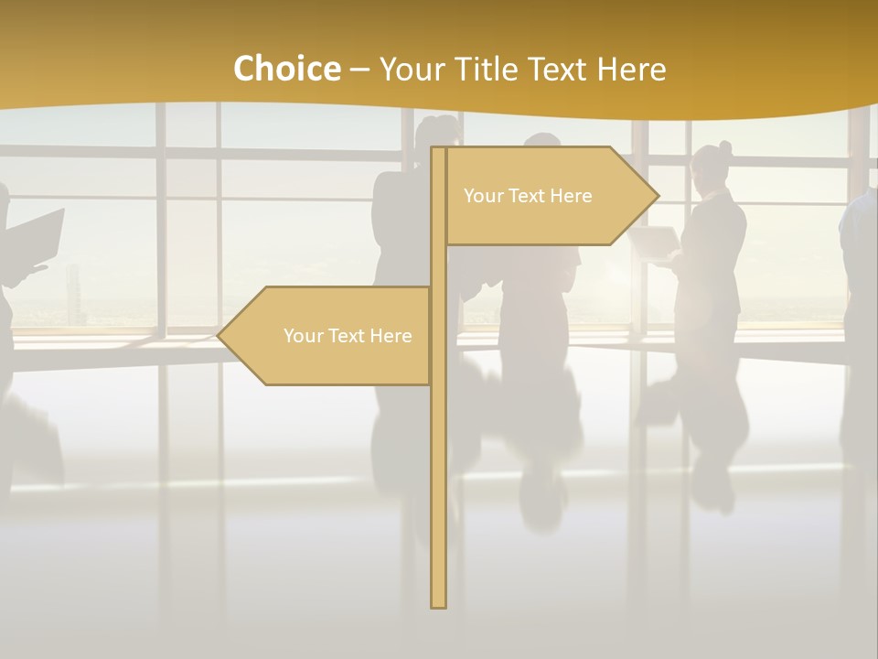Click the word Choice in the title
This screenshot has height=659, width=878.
(286, 70)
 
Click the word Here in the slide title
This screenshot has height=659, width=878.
(631, 70)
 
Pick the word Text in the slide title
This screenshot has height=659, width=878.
(559, 70)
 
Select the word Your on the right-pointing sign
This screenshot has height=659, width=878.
(482, 196)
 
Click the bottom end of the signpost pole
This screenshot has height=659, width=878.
(438, 604)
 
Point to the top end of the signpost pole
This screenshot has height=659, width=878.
(438, 149)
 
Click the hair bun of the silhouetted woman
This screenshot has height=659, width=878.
(725, 147)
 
